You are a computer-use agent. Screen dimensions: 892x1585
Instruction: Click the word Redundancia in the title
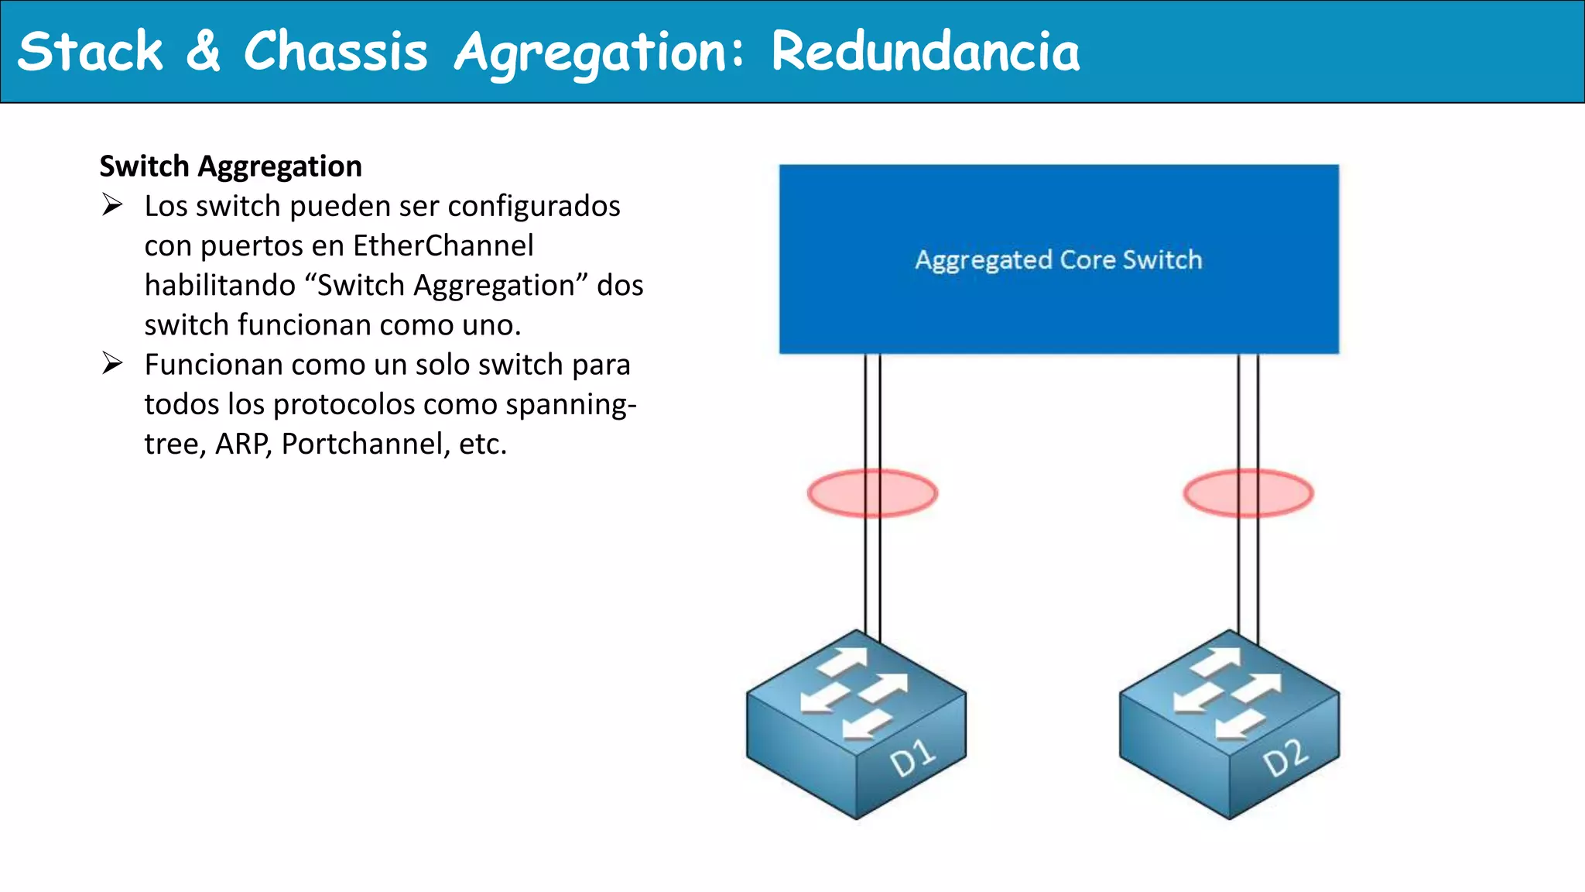coord(925,53)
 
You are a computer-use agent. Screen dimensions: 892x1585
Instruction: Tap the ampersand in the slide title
coord(203,51)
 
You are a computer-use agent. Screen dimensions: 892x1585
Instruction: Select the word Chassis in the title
coord(335,53)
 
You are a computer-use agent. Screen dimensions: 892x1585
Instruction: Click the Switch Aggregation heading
coord(231,166)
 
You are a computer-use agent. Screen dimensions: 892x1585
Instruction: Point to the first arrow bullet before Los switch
coord(112,205)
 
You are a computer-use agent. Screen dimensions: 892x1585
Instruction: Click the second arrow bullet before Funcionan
coord(112,363)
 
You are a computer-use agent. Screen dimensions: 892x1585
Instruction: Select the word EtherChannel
coord(443,245)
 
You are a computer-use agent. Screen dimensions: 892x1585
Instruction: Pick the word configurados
coord(534,206)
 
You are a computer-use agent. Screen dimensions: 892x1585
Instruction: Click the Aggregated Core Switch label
coord(1058,259)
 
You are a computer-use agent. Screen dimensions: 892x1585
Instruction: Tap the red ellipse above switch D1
coord(872,493)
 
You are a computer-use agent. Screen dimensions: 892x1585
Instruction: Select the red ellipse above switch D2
coord(1248,493)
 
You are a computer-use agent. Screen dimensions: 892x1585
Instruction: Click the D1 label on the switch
coord(913,758)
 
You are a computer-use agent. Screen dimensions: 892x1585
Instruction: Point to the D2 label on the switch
coord(1285,758)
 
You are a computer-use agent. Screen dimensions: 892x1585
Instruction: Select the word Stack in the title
coord(91,53)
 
